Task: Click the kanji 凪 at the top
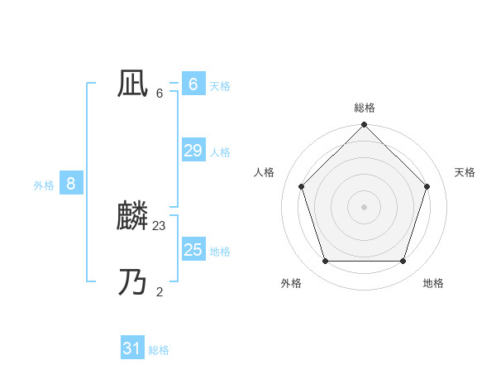(132, 84)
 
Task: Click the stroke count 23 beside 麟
(160, 225)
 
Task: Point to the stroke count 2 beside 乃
(160, 291)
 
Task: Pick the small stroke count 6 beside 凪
(160, 93)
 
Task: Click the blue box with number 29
(193, 150)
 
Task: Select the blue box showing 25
(193, 249)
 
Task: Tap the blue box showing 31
(132, 348)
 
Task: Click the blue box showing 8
(71, 184)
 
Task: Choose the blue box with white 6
(193, 84)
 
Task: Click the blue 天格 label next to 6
(220, 85)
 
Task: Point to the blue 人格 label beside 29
(220, 152)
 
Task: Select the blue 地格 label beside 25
(220, 252)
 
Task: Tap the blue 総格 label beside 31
(159, 350)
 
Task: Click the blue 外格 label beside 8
(44, 186)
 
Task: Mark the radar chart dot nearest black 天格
(427, 186)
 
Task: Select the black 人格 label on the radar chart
(265, 172)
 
